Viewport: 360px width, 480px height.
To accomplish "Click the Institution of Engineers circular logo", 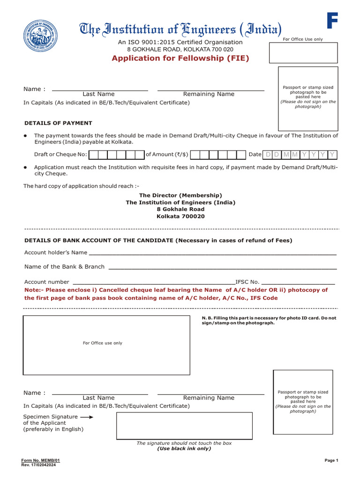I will click(39, 37).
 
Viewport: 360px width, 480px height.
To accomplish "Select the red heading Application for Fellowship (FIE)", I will click(180, 58).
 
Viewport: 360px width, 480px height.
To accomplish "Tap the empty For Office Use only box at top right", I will click(303, 52).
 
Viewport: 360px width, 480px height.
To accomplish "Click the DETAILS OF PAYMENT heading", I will click(58, 123).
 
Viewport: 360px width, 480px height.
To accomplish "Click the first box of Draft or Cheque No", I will click(93, 155).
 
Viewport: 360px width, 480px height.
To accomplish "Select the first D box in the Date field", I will click(268, 155).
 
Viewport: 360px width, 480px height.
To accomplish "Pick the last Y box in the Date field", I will click(332, 155).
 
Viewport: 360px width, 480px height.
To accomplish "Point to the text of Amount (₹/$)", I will click(167, 154).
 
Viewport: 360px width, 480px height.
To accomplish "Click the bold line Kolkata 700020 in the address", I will click(180, 217).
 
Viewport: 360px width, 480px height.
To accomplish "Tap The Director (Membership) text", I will click(180, 195).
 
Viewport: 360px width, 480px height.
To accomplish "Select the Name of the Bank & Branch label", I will click(64, 267).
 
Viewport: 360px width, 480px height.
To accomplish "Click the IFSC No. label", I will click(247, 282).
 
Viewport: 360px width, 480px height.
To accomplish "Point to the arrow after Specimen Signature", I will click(86, 416).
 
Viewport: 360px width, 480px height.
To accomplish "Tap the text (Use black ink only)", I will click(184, 449).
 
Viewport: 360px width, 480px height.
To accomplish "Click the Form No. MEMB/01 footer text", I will click(40, 460).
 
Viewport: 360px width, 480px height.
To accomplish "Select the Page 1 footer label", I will click(331, 460).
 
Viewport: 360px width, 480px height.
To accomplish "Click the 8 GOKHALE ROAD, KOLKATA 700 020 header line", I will click(180, 49).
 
